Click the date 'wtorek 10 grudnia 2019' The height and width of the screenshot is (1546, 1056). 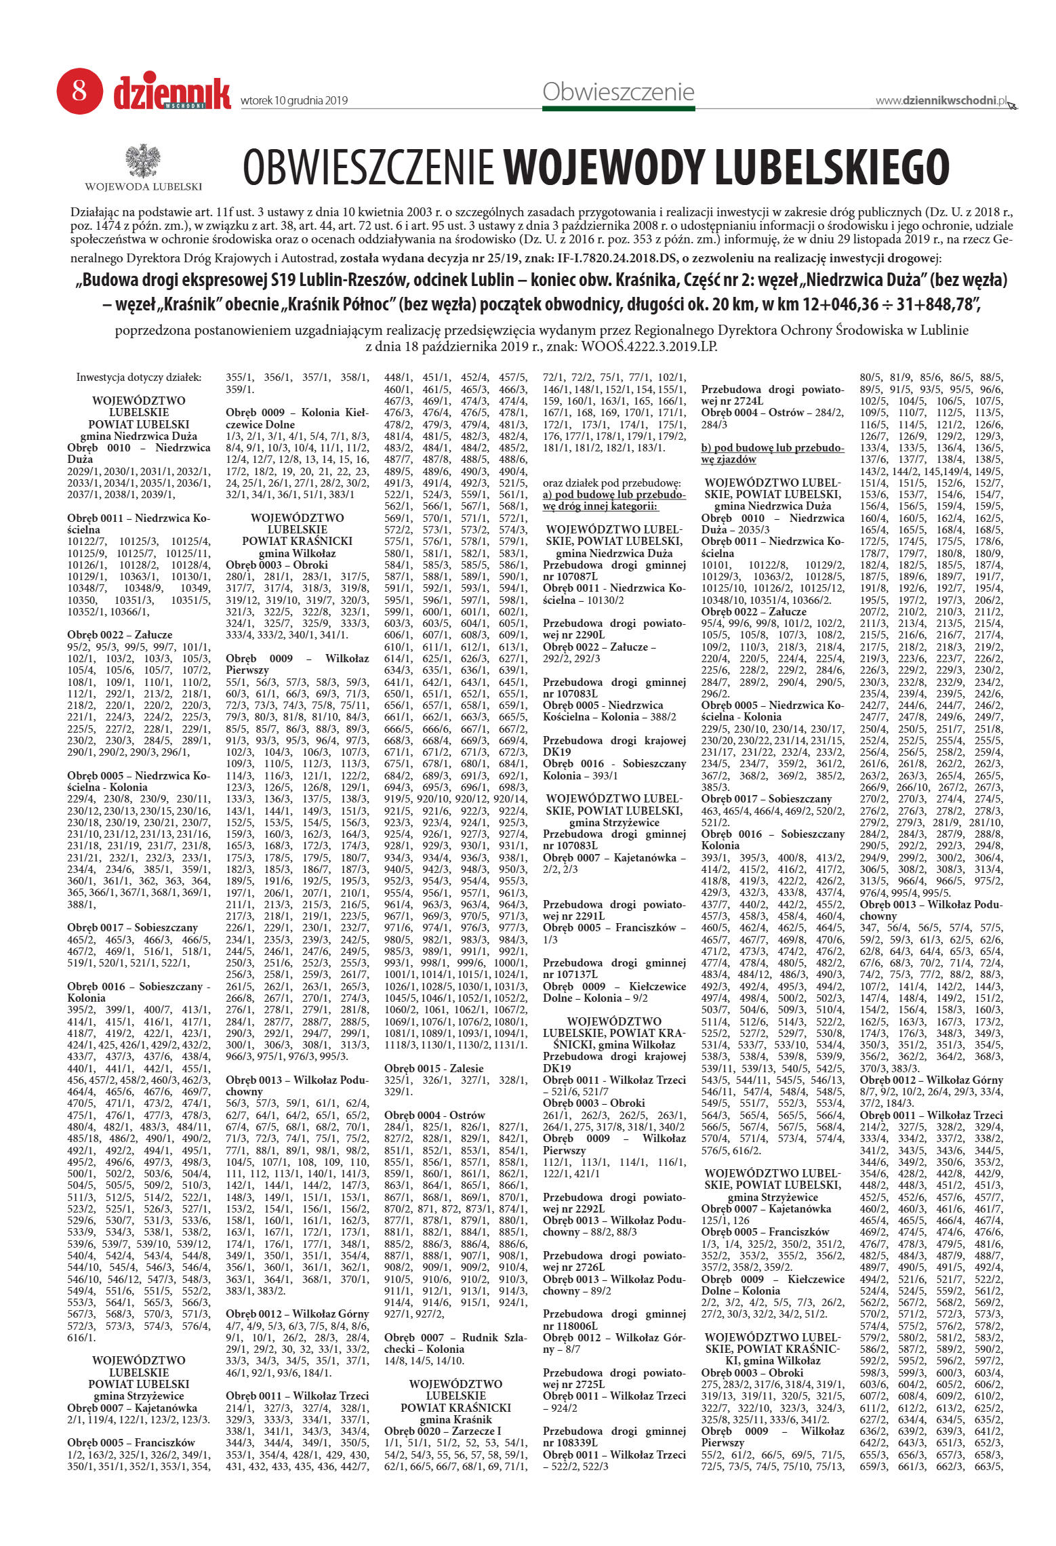pyautogui.click(x=294, y=101)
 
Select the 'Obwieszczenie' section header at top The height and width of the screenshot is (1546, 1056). pyautogui.click(x=618, y=91)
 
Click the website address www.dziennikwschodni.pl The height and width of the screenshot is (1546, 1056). pyautogui.click(x=941, y=100)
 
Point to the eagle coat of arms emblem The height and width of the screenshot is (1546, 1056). pyautogui.click(x=143, y=161)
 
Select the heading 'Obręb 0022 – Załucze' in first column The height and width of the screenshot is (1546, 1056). pyautogui.click(x=120, y=634)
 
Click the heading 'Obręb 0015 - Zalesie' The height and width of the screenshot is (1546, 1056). pyautogui.click(x=434, y=1068)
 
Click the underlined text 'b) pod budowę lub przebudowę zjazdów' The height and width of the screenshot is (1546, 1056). pyautogui.click(x=773, y=453)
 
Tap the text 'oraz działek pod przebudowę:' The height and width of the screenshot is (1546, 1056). pyautogui.click(x=611, y=483)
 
